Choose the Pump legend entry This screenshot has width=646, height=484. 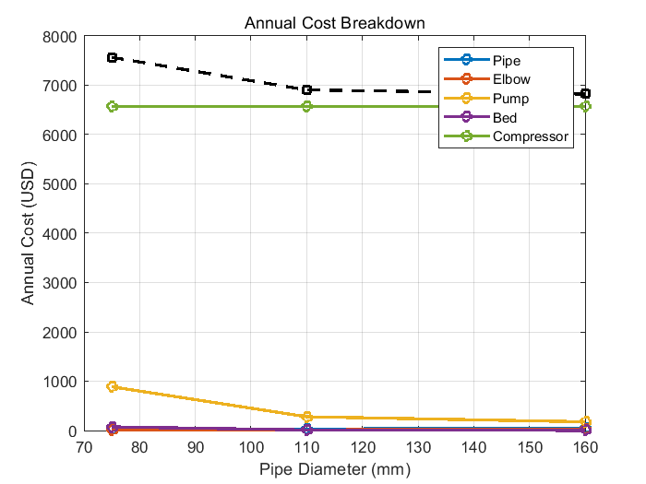pos(511,99)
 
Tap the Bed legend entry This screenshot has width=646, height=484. pos(505,118)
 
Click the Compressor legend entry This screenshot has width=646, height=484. pos(531,137)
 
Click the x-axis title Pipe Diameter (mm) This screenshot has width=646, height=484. pos(335,468)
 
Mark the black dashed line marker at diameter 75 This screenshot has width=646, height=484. pos(113,58)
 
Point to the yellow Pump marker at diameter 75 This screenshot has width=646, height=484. pos(113,387)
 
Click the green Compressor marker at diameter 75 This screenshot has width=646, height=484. pos(113,107)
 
